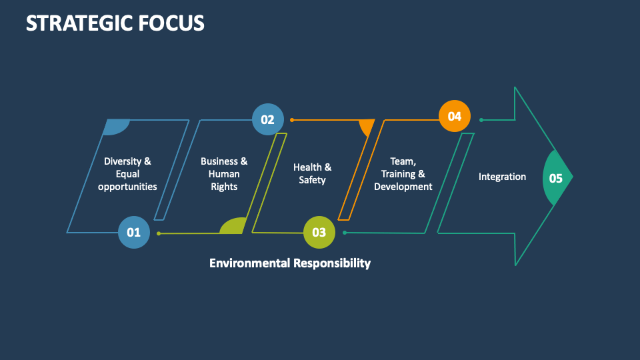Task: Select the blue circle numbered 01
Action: (134, 233)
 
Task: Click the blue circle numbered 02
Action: (267, 120)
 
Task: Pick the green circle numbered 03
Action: (319, 233)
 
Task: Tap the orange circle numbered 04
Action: (455, 117)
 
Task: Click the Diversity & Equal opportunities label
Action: (127, 174)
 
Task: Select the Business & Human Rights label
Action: (224, 174)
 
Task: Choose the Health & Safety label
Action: (312, 174)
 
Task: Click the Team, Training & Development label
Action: (403, 174)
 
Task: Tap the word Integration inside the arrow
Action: (502, 177)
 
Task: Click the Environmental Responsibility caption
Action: (290, 263)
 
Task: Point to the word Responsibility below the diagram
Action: (332, 263)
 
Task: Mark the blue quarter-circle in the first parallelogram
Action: (116, 127)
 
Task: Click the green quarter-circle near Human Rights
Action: (234, 227)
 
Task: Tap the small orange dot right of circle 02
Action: (291, 120)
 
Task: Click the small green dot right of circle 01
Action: (158, 233)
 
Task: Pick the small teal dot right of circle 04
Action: (481, 120)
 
